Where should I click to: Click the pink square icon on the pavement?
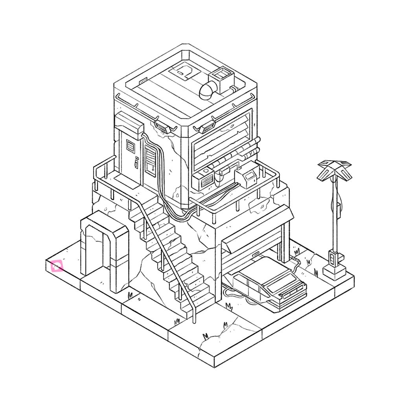tap(57, 266)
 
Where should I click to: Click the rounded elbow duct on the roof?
tap(208, 90)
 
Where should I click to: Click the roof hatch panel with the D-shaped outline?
tap(184, 72)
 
